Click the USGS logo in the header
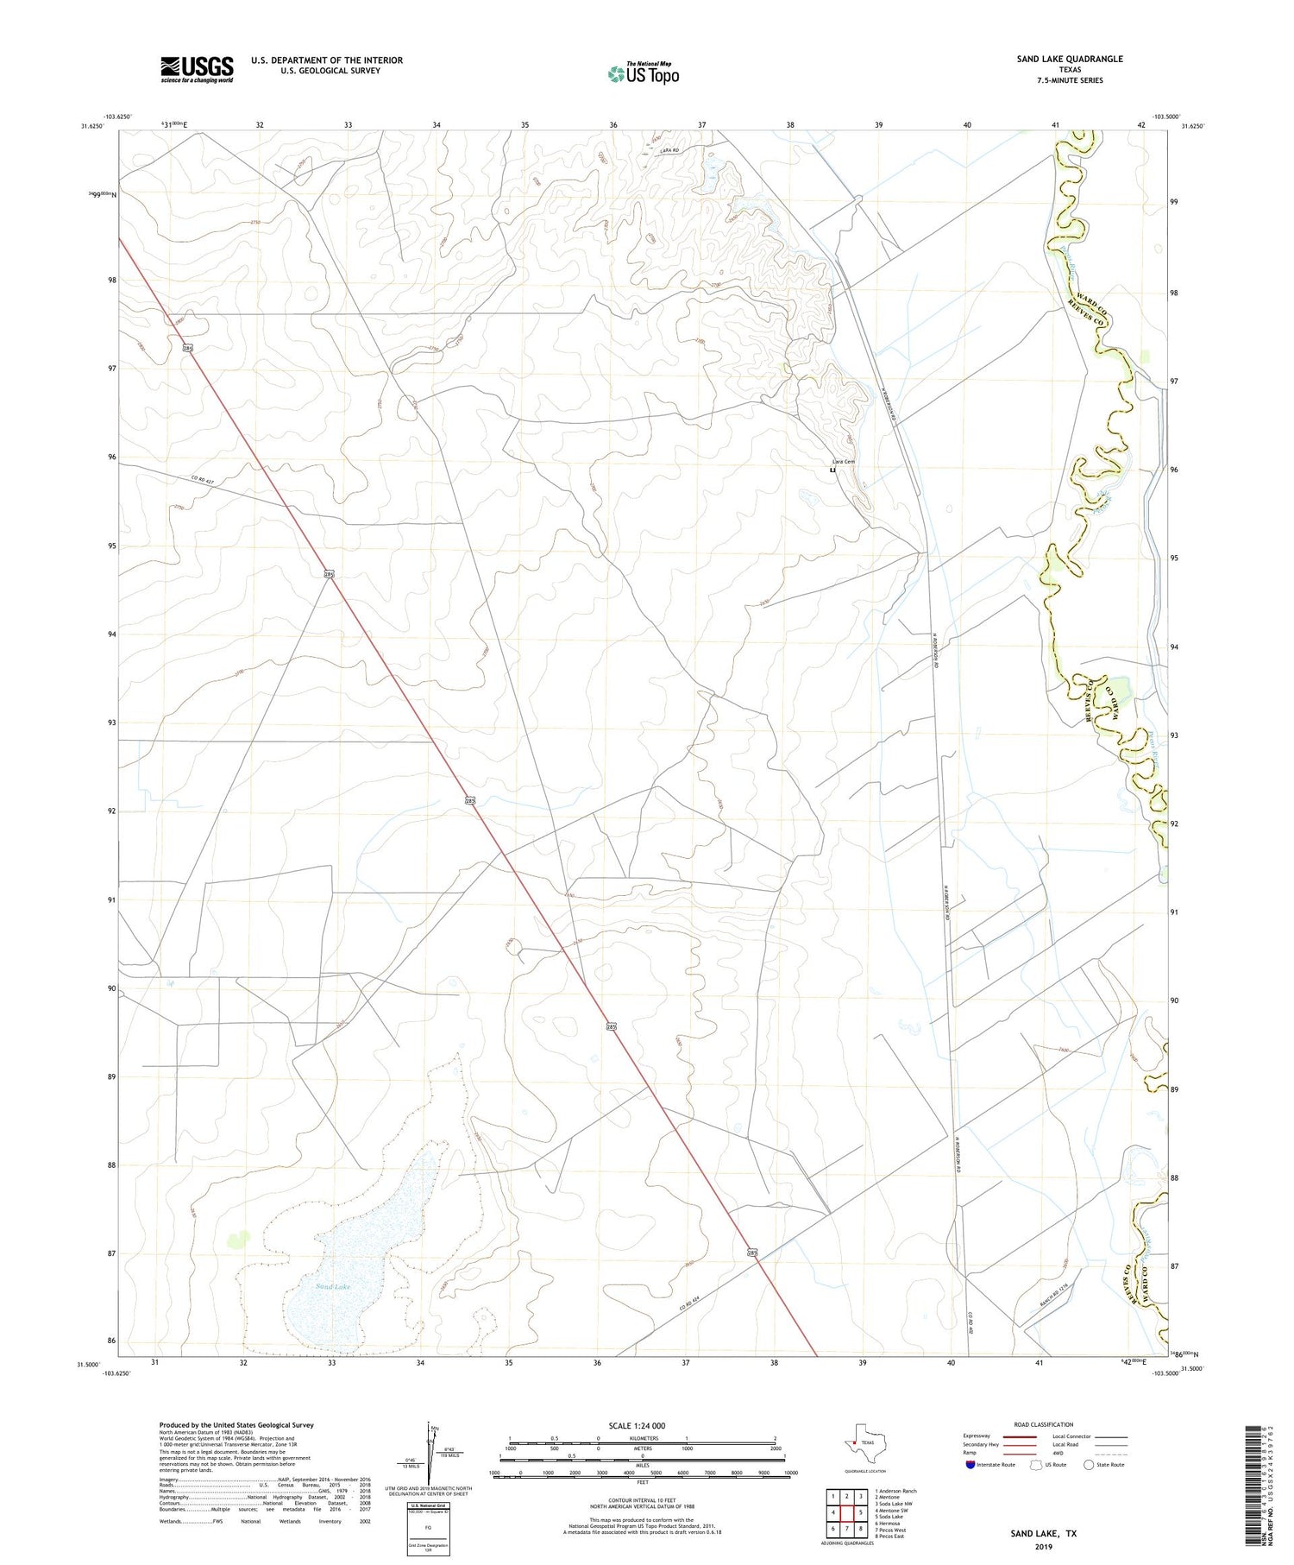pyautogui.click(x=197, y=69)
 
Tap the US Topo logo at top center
pyautogui.click(x=643, y=73)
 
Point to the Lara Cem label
pyautogui.click(x=843, y=462)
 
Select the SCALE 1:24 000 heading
pyautogui.click(x=637, y=1425)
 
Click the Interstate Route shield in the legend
pyautogui.click(x=971, y=1464)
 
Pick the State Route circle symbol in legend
pyautogui.click(x=1089, y=1464)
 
